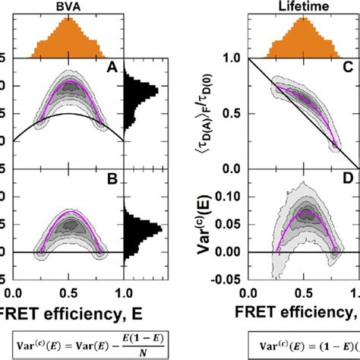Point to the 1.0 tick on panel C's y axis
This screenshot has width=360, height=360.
tap(233, 58)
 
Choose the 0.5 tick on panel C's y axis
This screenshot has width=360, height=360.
tap(233, 113)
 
